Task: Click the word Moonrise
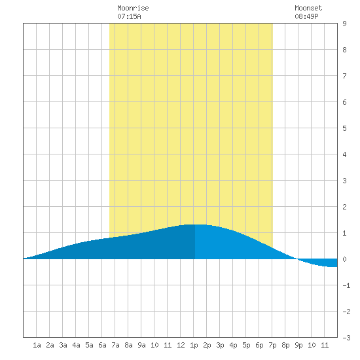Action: (x=133, y=8)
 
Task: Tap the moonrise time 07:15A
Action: (x=129, y=16)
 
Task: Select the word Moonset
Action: (x=308, y=8)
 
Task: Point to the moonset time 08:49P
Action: (x=306, y=16)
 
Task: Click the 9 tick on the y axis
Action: (x=344, y=24)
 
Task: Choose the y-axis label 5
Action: (x=344, y=128)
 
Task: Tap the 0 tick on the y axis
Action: (x=344, y=259)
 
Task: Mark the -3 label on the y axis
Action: (x=346, y=338)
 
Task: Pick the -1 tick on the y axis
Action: (x=346, y=285)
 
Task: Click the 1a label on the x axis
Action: (x=37, y=345)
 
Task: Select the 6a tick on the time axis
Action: (x=102, y=345)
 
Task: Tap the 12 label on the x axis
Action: (x=181, y=345)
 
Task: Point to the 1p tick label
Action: (x=194, y=345)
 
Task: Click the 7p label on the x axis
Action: (x=272, y=345)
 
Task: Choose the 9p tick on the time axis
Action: (x=298, y=345)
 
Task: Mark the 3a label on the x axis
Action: (x=63, y=345)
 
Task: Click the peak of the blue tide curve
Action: (x=195, y=225)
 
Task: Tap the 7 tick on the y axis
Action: (x=344, y=76)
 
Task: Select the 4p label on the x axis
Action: (x=233, y=345)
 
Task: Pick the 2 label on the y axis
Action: (x=344, y=207)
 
